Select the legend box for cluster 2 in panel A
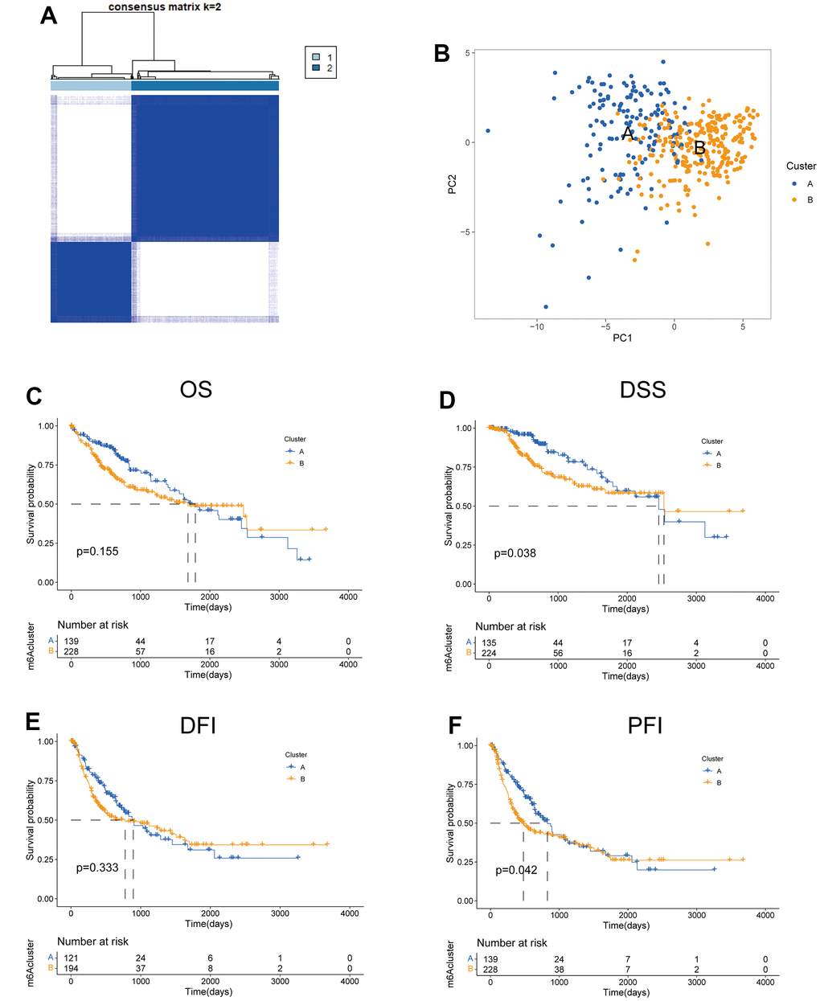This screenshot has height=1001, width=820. (x=316, y=68)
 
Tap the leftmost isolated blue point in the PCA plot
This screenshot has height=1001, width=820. (x=487, y=130)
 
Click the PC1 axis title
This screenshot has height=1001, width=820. (x=622, y=338)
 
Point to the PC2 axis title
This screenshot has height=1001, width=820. (x=453, y=183)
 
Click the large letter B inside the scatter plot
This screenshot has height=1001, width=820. (x=699, y=148)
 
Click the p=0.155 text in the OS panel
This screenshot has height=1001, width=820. (x=97, y=551)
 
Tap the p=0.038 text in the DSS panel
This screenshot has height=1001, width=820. (x=515, y=553)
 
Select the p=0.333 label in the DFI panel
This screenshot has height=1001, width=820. (x=97, y=868)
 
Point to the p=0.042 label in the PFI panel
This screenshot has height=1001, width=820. (x=516, y=870)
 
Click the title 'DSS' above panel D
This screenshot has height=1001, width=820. (x=642, y=390)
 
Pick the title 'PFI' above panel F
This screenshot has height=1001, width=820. (x=645, y=726)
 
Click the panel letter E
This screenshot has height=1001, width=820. (x=33, y=721)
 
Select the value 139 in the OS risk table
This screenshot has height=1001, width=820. (x=71, y=641)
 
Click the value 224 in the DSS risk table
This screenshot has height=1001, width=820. (x=489, y=653)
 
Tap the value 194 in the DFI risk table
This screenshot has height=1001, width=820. (x=71, y=968)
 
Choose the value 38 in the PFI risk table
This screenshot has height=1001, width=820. (x=559, y=970)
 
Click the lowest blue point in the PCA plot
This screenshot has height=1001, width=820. (x=546, y=306)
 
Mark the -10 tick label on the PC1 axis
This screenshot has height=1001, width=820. (x=536, y=326)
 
